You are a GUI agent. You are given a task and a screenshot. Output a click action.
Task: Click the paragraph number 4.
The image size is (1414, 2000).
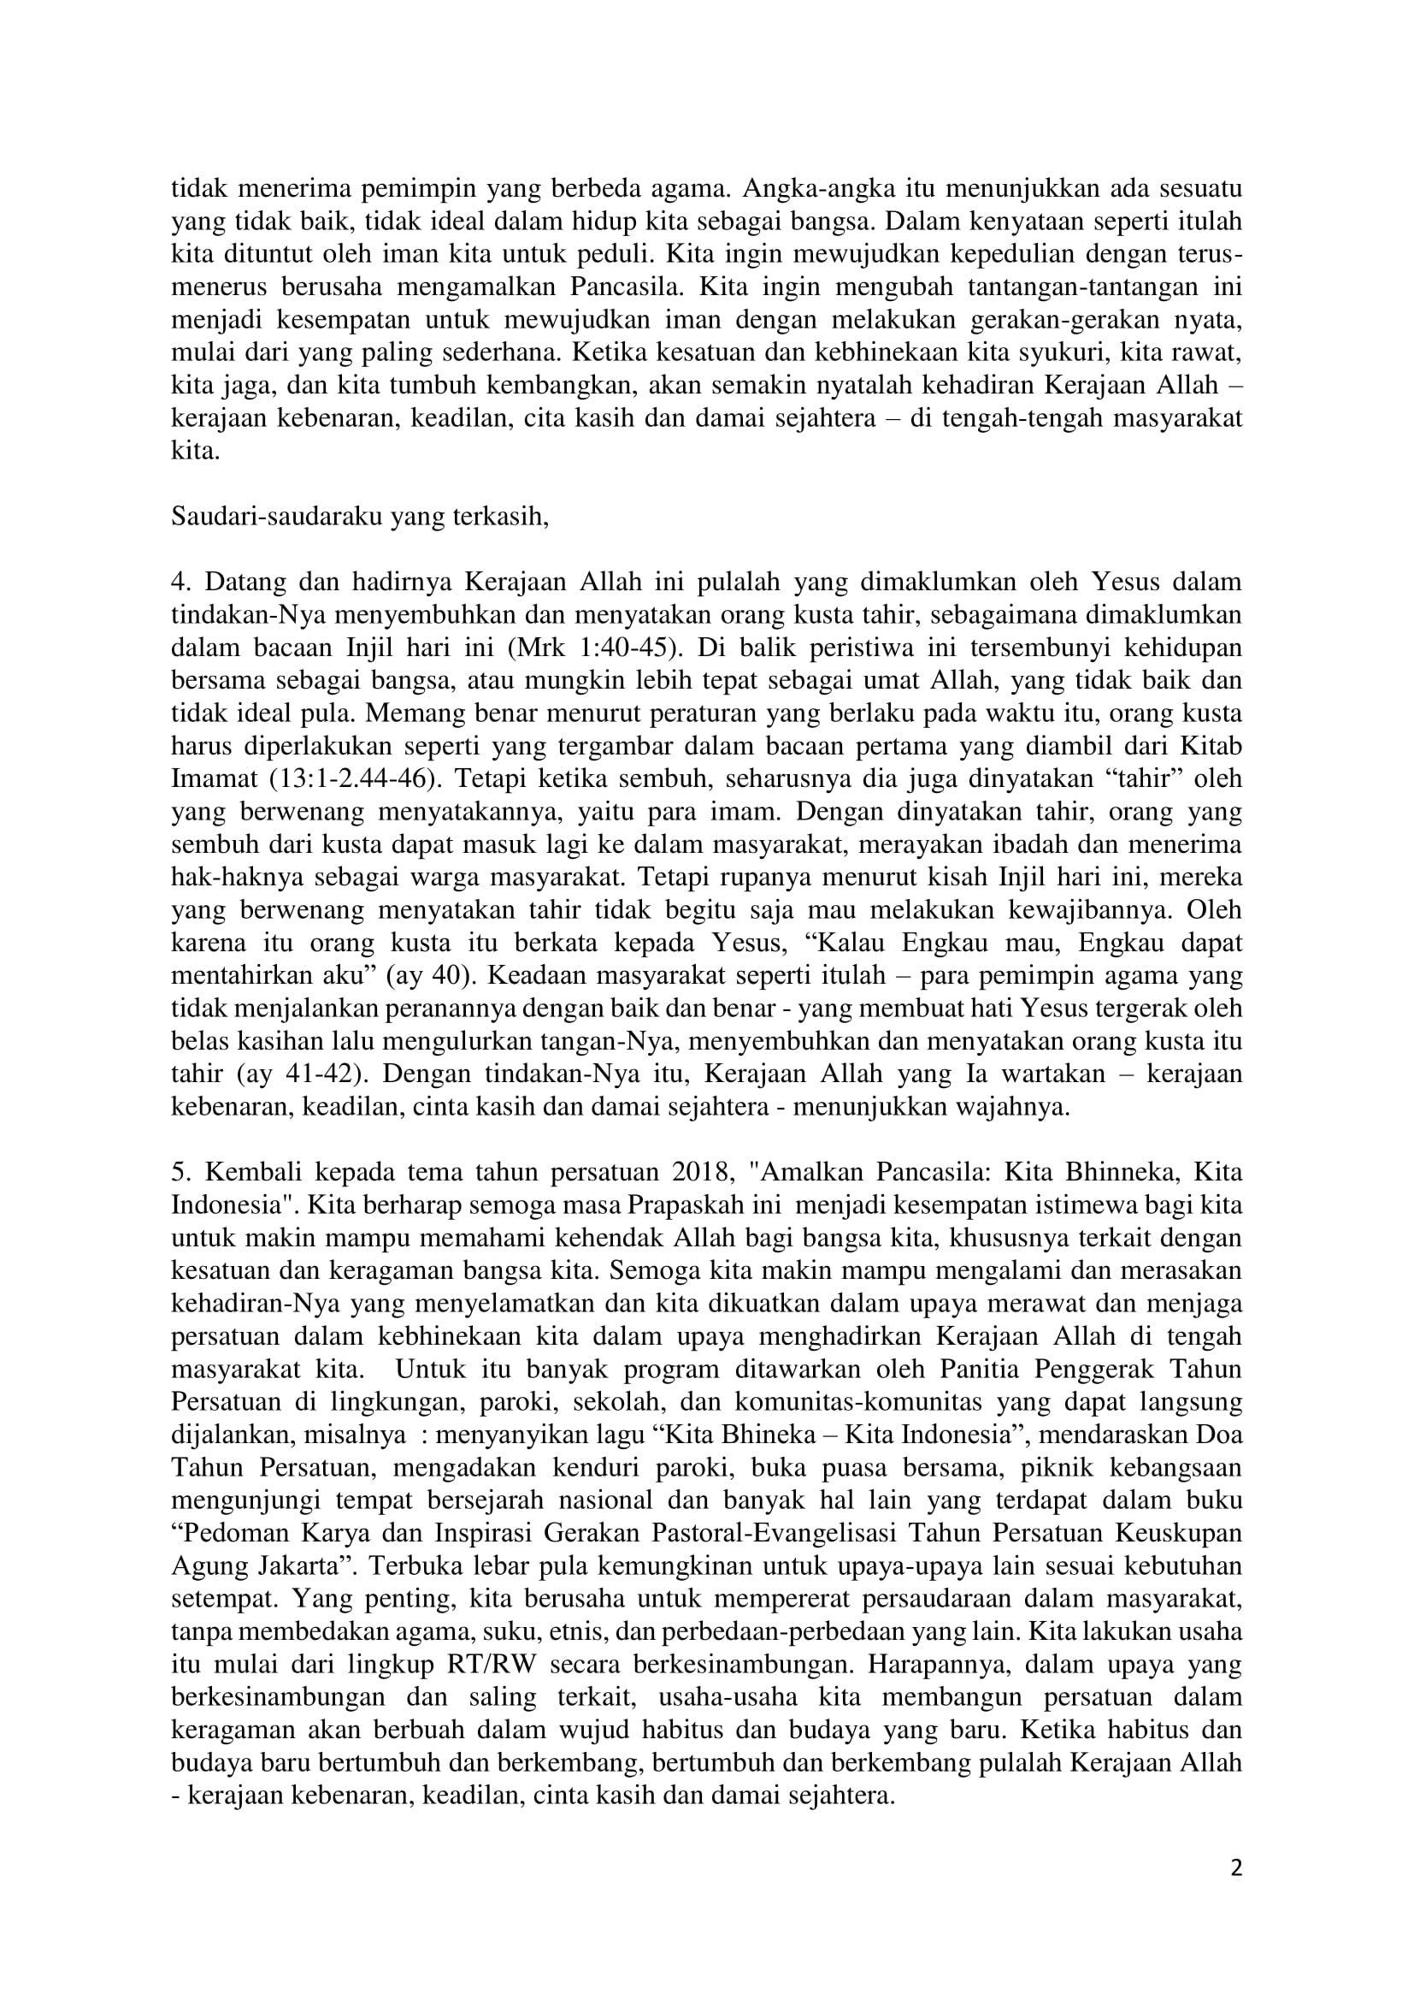179,583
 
